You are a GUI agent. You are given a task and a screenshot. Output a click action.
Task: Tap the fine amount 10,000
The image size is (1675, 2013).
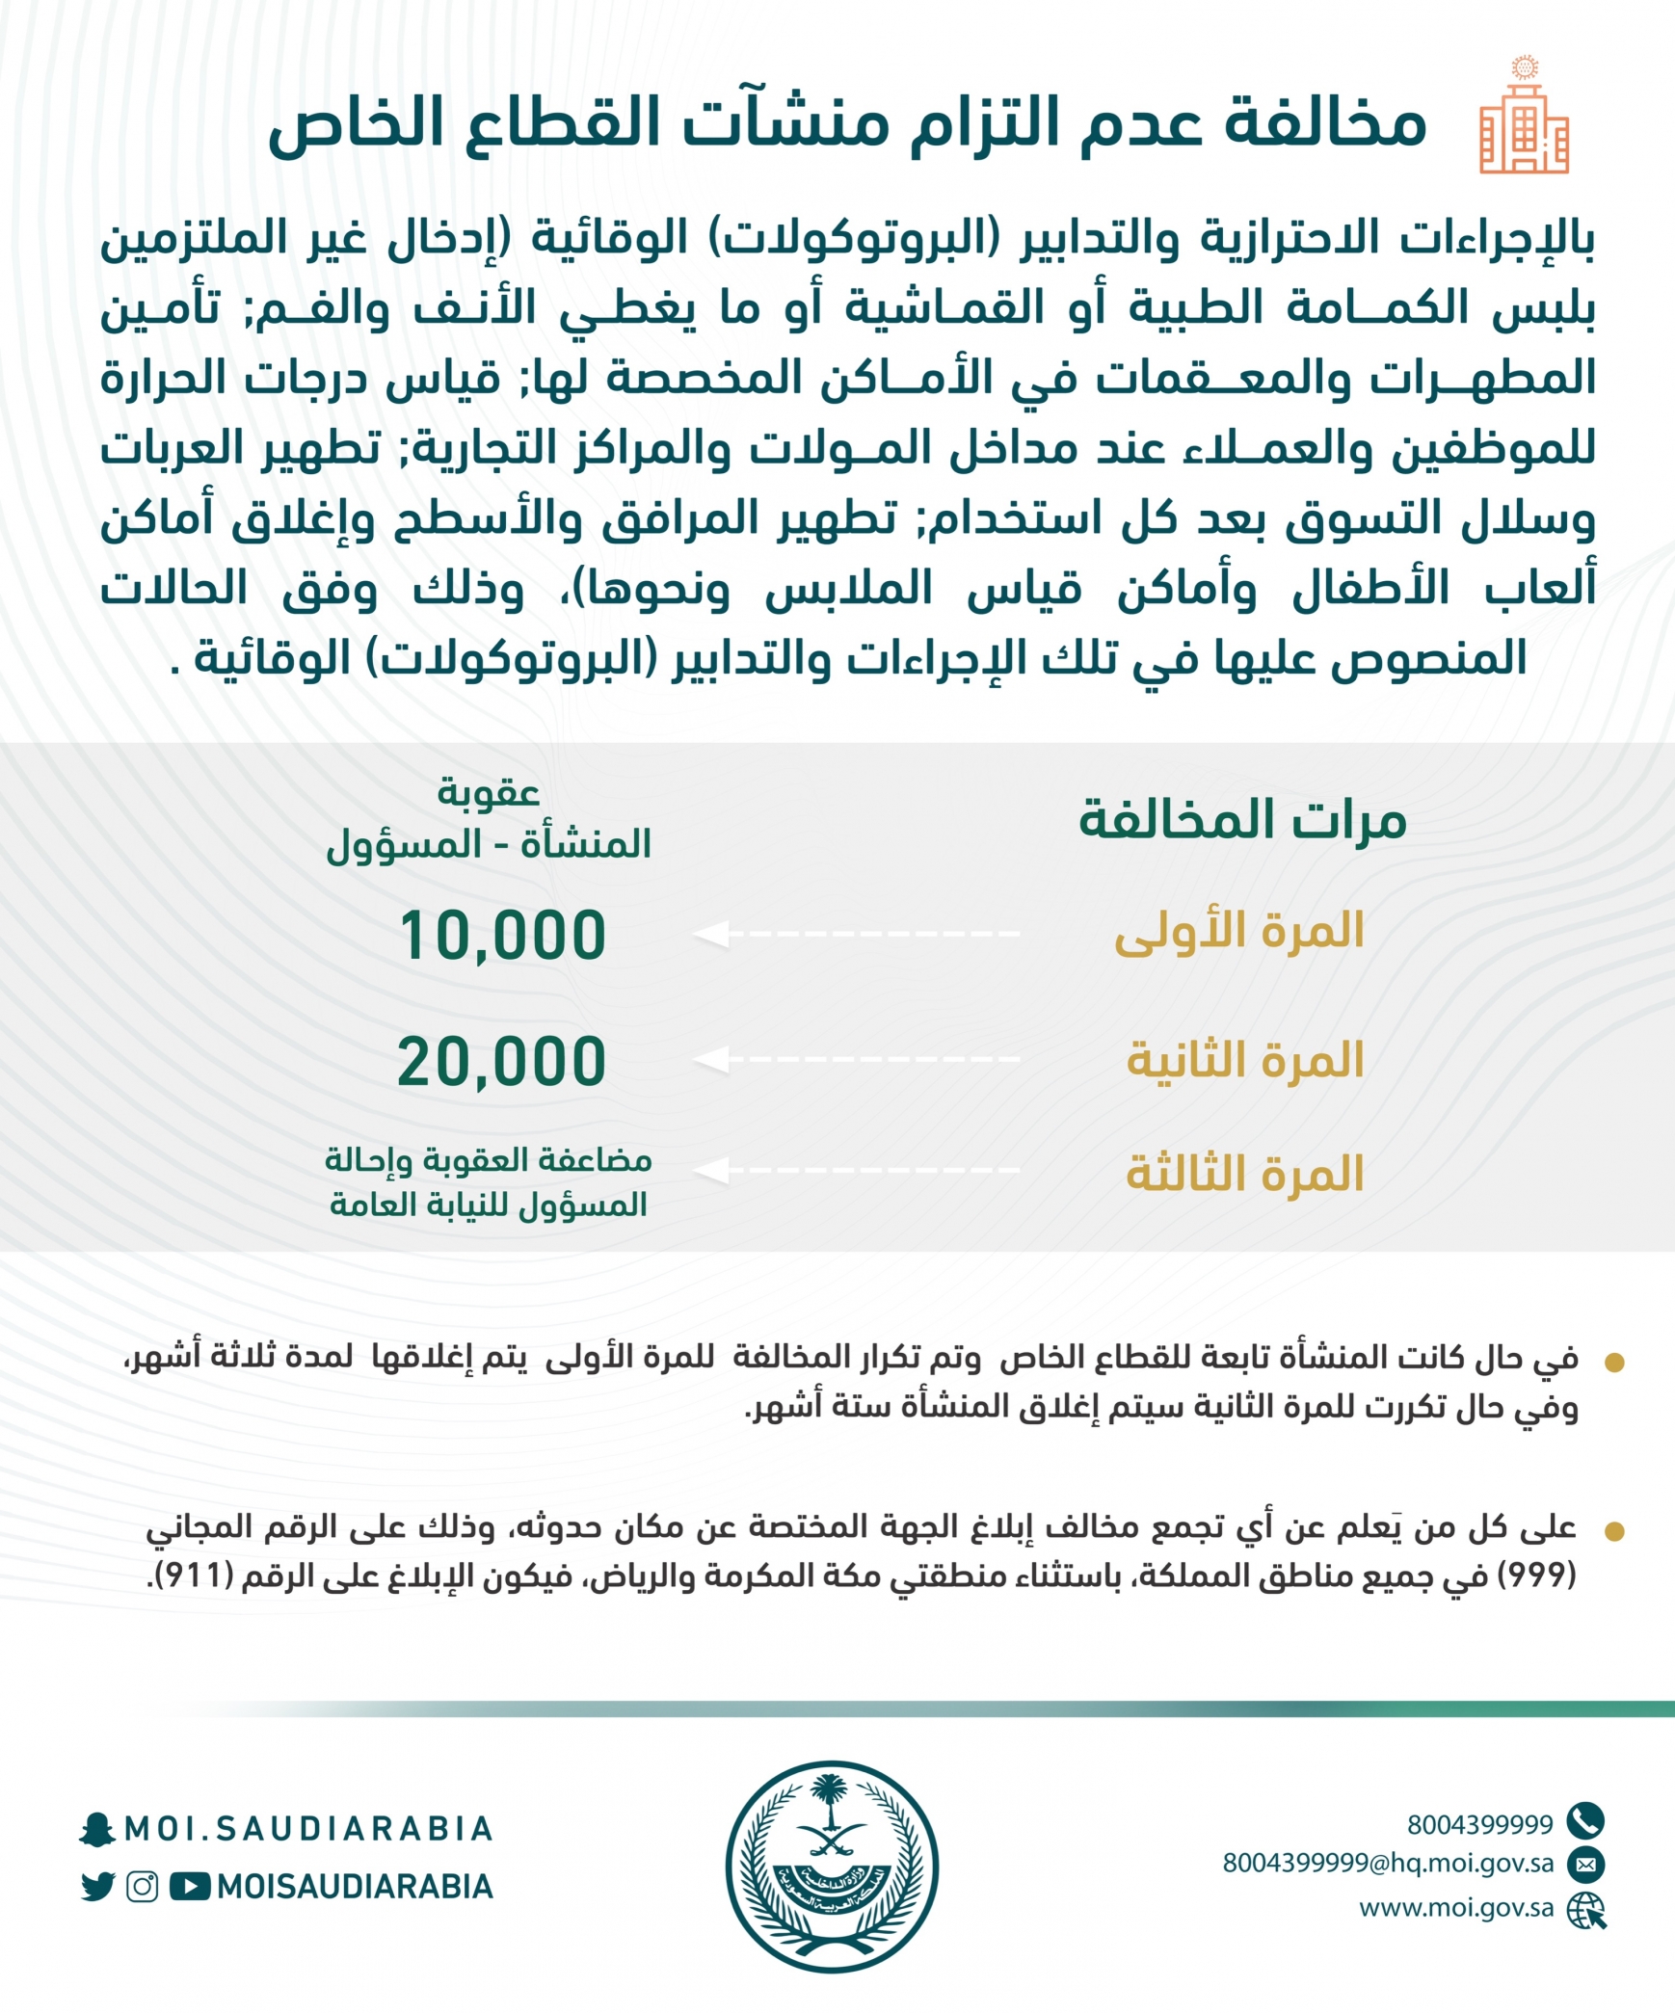click(x=502, y=935)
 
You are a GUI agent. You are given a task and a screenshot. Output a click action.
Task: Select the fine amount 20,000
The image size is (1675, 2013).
click(x=502, y=1062)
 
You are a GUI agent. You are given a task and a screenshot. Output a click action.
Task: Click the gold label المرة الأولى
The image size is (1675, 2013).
click(x=1238, y=931)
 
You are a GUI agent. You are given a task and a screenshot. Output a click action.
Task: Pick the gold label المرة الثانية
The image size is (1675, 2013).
click(x=1244, y=1059)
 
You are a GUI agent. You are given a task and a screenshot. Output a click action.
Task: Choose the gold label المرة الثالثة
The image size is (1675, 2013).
click(x=1244, y=1173)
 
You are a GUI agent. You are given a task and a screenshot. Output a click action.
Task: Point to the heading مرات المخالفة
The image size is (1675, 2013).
click(x=1242, y=819)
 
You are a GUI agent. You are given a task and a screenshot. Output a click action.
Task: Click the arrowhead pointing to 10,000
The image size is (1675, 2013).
click(x=711, y=933)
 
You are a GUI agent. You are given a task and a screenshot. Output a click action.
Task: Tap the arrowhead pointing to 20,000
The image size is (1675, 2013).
click(x=711, y=1059)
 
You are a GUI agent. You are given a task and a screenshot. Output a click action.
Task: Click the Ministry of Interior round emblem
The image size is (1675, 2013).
click(x=832, y=1867)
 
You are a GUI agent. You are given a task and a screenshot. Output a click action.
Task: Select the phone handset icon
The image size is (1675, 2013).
click(x=1585, y=1820)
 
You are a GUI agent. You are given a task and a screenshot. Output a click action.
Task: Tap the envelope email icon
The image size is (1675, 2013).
click(x=1585, y=1864)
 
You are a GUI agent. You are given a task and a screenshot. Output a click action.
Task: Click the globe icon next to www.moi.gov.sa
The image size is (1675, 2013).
click(x=1585, y=1909)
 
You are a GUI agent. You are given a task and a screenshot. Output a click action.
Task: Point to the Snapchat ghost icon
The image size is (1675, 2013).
click(x=96, y=1829)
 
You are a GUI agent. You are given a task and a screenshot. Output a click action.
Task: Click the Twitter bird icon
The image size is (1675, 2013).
click(x=97, y=1886)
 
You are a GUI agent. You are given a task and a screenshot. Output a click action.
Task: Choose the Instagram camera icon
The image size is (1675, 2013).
click(x=143, y=1886)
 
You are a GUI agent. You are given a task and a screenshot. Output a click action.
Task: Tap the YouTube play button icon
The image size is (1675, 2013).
click(x=190, y=1886)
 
